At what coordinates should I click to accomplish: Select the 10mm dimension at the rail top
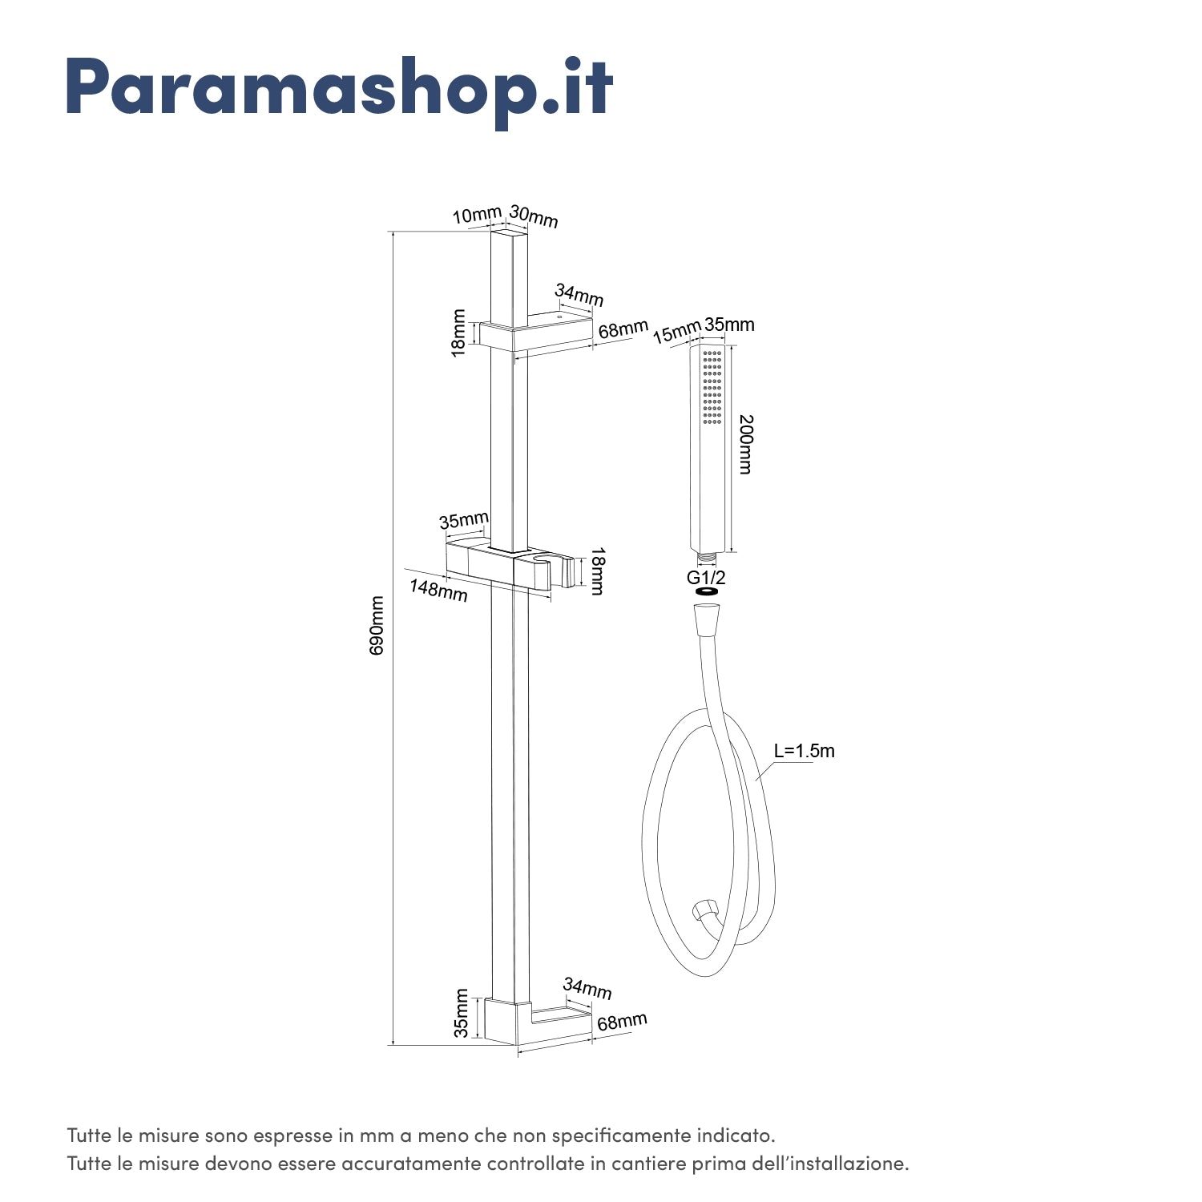476,216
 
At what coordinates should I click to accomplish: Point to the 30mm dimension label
534,216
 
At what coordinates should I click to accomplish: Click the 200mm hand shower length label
745,445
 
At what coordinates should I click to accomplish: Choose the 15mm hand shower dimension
676,332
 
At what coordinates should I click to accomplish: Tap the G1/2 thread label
706,576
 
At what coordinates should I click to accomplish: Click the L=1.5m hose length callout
804,751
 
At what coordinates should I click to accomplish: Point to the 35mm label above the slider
463,521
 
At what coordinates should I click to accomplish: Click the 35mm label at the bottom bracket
461,1014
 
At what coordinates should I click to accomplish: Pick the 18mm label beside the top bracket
458,333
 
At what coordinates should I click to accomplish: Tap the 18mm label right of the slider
597,571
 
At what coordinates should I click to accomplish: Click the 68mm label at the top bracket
623,329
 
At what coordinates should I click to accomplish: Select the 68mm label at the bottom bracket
622,1023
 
